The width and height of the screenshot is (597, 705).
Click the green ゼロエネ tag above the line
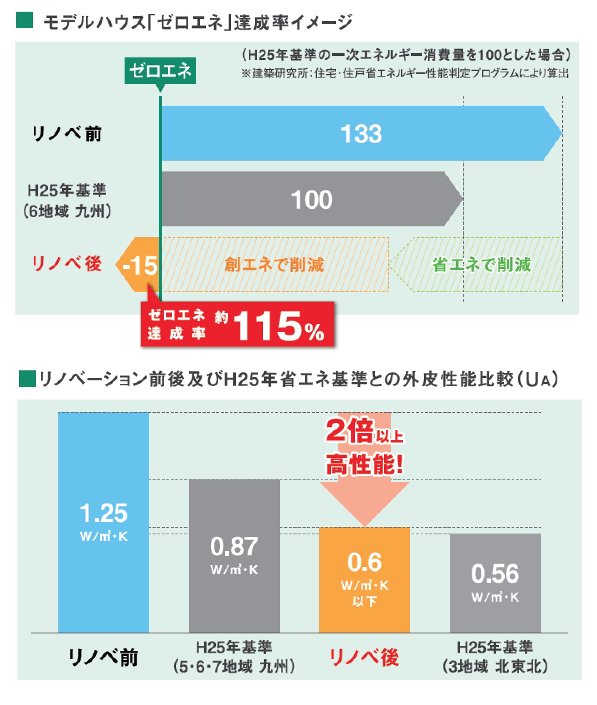[160, 71]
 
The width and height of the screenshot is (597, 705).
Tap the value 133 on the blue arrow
[361, 134]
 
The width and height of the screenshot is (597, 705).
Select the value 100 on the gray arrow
[312, 200]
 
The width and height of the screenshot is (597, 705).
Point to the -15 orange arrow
[139, 265]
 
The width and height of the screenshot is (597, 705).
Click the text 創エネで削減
[274, 265]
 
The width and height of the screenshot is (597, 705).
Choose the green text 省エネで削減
[482, 265]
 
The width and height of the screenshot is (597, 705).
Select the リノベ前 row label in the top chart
[67, 134]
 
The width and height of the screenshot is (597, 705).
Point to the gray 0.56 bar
[495, 583]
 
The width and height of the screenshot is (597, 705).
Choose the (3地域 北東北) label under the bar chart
[495, 667]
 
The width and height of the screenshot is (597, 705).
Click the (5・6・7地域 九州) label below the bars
[234, 667]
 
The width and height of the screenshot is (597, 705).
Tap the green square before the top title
[25, 21]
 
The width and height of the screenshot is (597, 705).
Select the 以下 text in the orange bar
[365, 601]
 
